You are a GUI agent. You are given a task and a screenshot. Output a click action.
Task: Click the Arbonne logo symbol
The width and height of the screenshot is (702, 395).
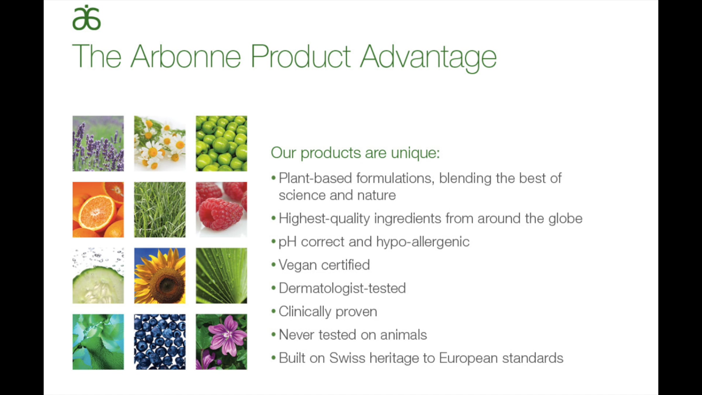[87, 18]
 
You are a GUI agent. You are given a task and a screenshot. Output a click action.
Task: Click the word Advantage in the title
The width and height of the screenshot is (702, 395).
[428, 57]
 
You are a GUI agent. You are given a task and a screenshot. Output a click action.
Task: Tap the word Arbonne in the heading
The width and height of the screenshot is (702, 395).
[186, 56]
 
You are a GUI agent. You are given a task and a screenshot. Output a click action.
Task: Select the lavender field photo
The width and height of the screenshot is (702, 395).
[98, 143]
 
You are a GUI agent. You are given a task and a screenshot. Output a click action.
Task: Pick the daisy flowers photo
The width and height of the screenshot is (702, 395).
[160, 143]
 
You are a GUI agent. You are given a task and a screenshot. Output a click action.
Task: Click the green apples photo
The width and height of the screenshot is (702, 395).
[221, 143]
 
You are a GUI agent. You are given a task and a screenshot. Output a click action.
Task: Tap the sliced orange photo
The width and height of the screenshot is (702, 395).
[98, 209]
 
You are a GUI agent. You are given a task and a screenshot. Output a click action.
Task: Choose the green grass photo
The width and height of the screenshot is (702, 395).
[160, 209]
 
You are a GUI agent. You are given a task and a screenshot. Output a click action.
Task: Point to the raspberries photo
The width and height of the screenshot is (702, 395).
[221, 209]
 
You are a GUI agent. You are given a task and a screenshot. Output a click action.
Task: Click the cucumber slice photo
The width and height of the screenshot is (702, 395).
[98, 276]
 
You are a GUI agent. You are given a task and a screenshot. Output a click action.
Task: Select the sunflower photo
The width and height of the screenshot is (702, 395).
[160, 276]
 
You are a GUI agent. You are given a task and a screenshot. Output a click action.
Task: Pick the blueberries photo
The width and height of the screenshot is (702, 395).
[160, 342]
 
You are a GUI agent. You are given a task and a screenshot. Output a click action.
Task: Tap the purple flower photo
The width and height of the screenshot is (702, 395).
[221, 342]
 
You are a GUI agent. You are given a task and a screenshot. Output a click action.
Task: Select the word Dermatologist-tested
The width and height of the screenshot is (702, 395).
[342, 288]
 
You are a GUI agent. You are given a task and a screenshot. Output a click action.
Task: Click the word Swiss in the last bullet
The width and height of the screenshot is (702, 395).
[347, 358]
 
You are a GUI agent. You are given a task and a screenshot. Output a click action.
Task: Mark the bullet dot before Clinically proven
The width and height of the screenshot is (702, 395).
[273, 311]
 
